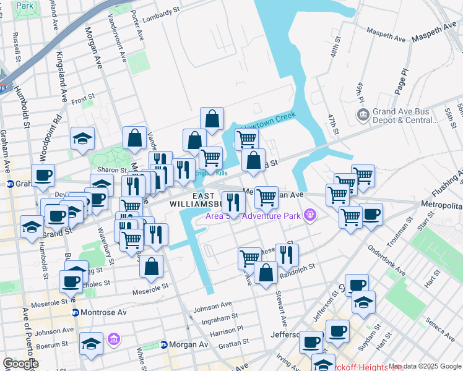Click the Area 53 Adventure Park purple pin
[x=310, y=216]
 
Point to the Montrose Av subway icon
[x=76, y=313]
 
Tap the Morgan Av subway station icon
[x=164, y=344]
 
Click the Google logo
[x=20, y=364]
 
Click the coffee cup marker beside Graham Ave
[x=43, y=176]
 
